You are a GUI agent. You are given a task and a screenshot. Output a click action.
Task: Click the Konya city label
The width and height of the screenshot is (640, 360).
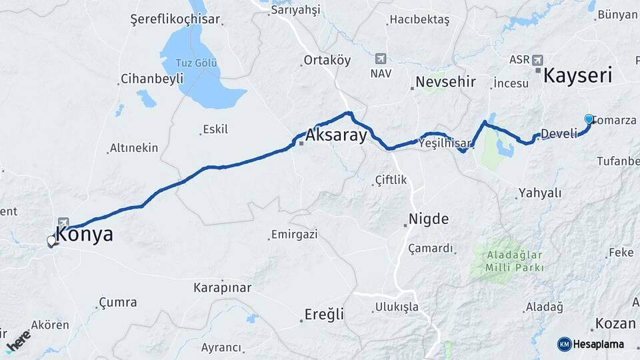pyautogui.click(x=84, y=235)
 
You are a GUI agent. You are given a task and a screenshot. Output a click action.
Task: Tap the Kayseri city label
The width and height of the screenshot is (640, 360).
pyautogui.click(x=577, y=75)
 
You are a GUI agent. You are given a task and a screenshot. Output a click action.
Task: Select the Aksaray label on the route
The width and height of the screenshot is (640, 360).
pyautogui.click(x=337, y=136)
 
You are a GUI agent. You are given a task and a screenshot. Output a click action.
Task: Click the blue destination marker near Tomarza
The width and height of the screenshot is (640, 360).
pyautogui.click(x=589, y=119)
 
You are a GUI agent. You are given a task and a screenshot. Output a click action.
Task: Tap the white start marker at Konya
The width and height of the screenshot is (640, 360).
pyautogui.click(x=51, y=241)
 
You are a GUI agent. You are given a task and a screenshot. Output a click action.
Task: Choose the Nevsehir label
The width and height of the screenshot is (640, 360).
pyautogui.click(x=445, y=82)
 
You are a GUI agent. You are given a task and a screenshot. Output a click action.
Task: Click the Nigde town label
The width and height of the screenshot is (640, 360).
pyautogui.click(x=428, y=219)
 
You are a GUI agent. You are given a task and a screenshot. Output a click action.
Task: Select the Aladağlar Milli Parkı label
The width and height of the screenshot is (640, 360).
pyautogui.click(x=511, y=261)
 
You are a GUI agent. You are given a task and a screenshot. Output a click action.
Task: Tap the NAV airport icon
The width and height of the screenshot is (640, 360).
pyautogui.click(x=380, y=59)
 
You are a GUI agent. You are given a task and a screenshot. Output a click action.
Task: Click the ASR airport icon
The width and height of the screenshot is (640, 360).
pyautogui.click(x=537, y=59)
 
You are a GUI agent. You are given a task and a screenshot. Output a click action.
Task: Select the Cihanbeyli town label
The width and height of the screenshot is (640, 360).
pyautogui.click(x=151, y=79)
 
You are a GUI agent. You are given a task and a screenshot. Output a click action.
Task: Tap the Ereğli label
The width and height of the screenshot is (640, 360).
pyautogui.click(x=324, y=313)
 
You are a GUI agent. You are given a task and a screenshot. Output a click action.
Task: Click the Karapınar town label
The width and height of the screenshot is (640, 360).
pyautogui.click(x=222, y=288)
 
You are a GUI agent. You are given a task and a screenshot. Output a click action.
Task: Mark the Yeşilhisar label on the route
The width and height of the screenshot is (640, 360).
pyautogui.click(x=445, y=142)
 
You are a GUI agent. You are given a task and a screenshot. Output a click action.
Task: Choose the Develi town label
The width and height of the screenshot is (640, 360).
pyautogui.click(x=559, y=134)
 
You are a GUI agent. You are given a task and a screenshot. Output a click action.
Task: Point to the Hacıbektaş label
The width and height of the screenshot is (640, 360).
pyautogui.click(x=419, y=20)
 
